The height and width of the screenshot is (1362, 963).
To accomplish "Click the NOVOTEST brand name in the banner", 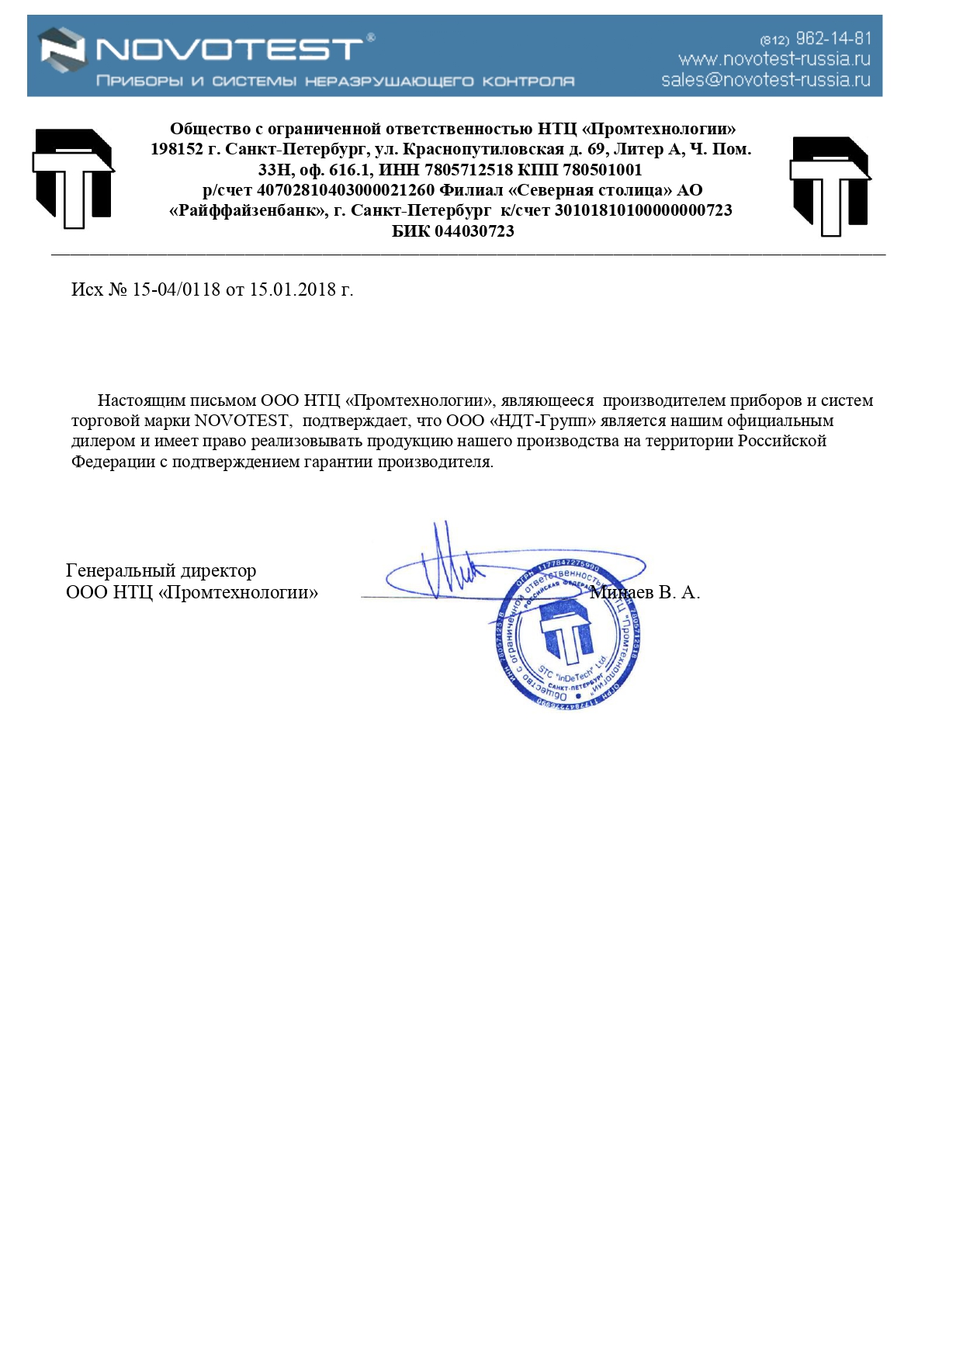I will point(229,50).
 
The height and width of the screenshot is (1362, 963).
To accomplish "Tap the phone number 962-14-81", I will point(833,38).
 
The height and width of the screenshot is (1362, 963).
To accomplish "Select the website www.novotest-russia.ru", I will point(774,59).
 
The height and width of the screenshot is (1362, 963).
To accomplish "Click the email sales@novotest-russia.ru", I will point(765,80).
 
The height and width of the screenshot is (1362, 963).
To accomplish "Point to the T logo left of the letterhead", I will point(73,178).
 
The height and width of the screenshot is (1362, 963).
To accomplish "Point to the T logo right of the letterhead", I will point(830,185).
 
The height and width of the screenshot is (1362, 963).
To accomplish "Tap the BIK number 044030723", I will point(474,231).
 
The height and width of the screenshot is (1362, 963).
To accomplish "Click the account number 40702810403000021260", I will point(345,190).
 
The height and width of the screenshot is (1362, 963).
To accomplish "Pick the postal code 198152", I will point(176,149).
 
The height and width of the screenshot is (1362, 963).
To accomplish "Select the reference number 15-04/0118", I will point(176,289).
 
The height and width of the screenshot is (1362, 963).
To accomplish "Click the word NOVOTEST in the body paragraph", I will point(241,421).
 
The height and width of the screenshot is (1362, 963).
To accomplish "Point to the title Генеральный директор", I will point(161,570).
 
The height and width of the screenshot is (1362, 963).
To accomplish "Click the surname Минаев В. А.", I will point(646,592).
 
